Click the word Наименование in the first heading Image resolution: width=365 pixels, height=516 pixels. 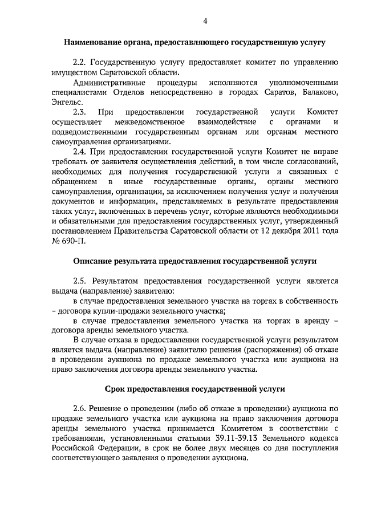click(91, 42)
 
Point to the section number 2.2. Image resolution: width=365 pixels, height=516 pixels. click(79, 63)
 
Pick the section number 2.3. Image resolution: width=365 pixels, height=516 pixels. click(79, 112)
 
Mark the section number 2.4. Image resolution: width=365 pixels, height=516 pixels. click(79, 152)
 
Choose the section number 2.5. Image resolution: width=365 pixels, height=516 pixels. click(79, 281)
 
